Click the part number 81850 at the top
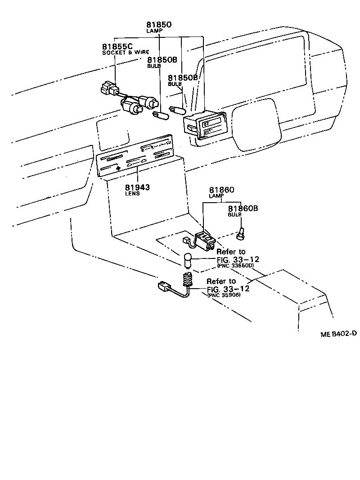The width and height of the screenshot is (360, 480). [159, 25]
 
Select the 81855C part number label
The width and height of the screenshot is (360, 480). [117, 47]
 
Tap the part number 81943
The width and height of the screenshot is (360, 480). [138, 187]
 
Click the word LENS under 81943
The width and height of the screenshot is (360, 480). [133, 194]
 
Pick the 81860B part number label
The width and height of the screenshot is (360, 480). [243, 208]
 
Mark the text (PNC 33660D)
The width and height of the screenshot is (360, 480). [235, 266]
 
